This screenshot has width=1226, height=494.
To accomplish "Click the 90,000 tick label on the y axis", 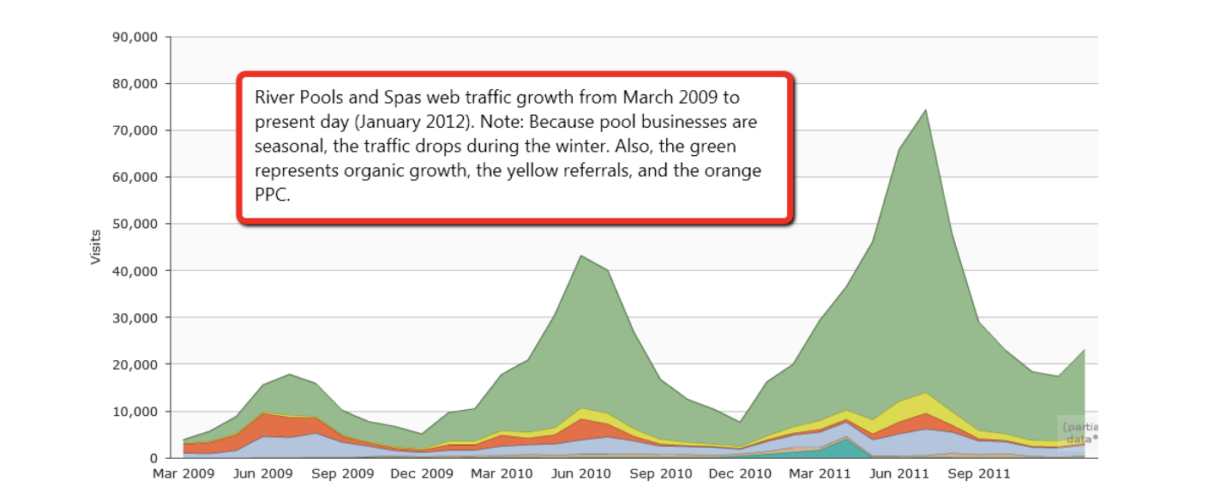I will tap(135, 38).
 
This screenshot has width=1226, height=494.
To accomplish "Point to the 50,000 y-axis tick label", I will tap(135, 224).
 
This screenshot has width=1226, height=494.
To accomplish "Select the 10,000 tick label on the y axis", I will tap(135, 411).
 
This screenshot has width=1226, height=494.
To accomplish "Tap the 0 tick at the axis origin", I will tap(156, 458).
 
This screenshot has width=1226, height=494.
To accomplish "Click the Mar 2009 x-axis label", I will tap(183, 473).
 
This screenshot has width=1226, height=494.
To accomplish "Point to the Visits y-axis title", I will tap(96, 247).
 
